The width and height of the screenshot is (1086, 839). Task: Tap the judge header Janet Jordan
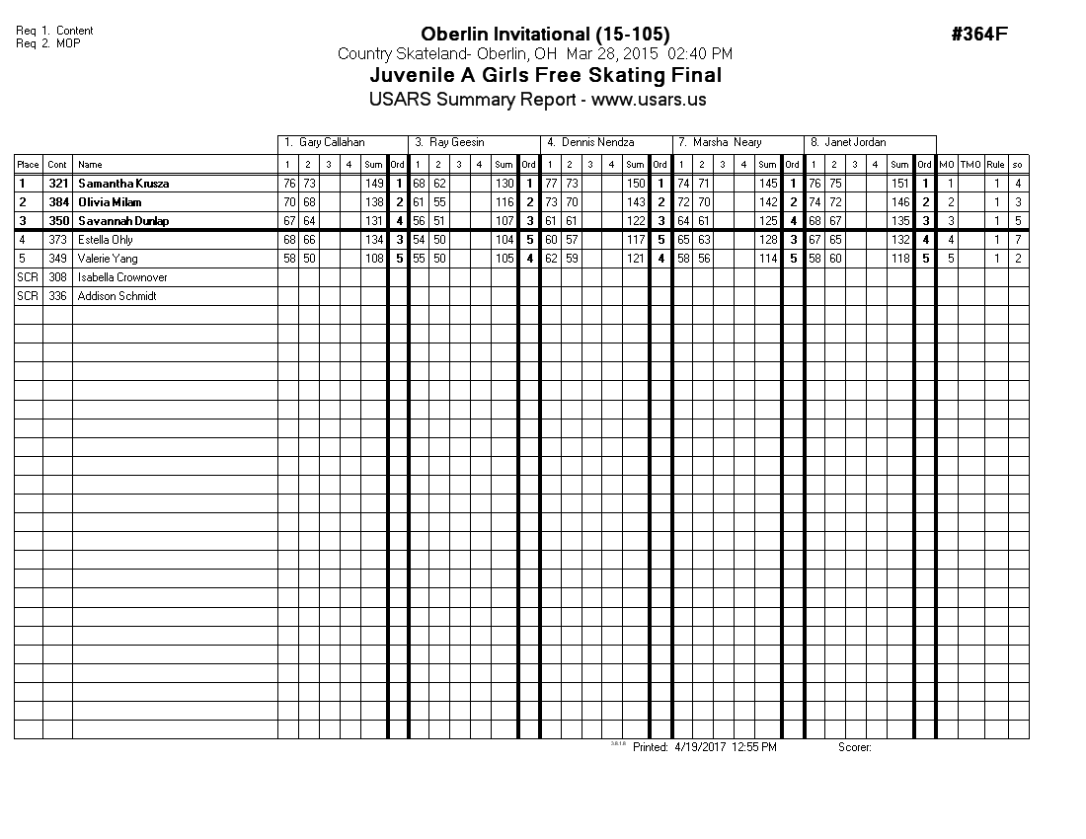(848, 143)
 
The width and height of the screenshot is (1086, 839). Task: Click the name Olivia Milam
(111, 202)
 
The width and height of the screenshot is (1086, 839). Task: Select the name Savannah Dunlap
(123, 221)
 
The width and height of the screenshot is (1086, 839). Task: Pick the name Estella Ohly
(106, 240)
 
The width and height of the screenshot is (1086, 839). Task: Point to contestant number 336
(57, 296)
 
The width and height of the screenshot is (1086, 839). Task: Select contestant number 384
(58, 202)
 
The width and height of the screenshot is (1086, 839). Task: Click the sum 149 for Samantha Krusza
(374, 184)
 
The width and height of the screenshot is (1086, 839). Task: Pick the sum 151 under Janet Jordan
(899, 184)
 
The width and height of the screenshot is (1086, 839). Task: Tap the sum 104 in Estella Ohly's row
(504, 240)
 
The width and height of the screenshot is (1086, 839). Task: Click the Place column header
(28, 165)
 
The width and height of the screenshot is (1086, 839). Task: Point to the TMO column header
(971, 165)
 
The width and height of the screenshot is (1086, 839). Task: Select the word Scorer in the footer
(854, 747)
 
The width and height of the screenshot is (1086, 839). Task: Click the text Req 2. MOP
(48, 43)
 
